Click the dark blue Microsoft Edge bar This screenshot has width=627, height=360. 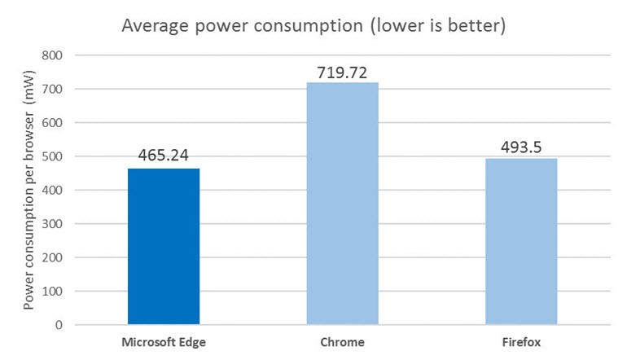(x=164, y=246)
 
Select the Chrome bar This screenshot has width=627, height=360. (x=342, y=204)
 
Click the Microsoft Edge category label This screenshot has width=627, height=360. (x=164, y=343)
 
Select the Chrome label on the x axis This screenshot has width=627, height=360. (x=342, y=343)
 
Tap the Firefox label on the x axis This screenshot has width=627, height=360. (x=521, y=343)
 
